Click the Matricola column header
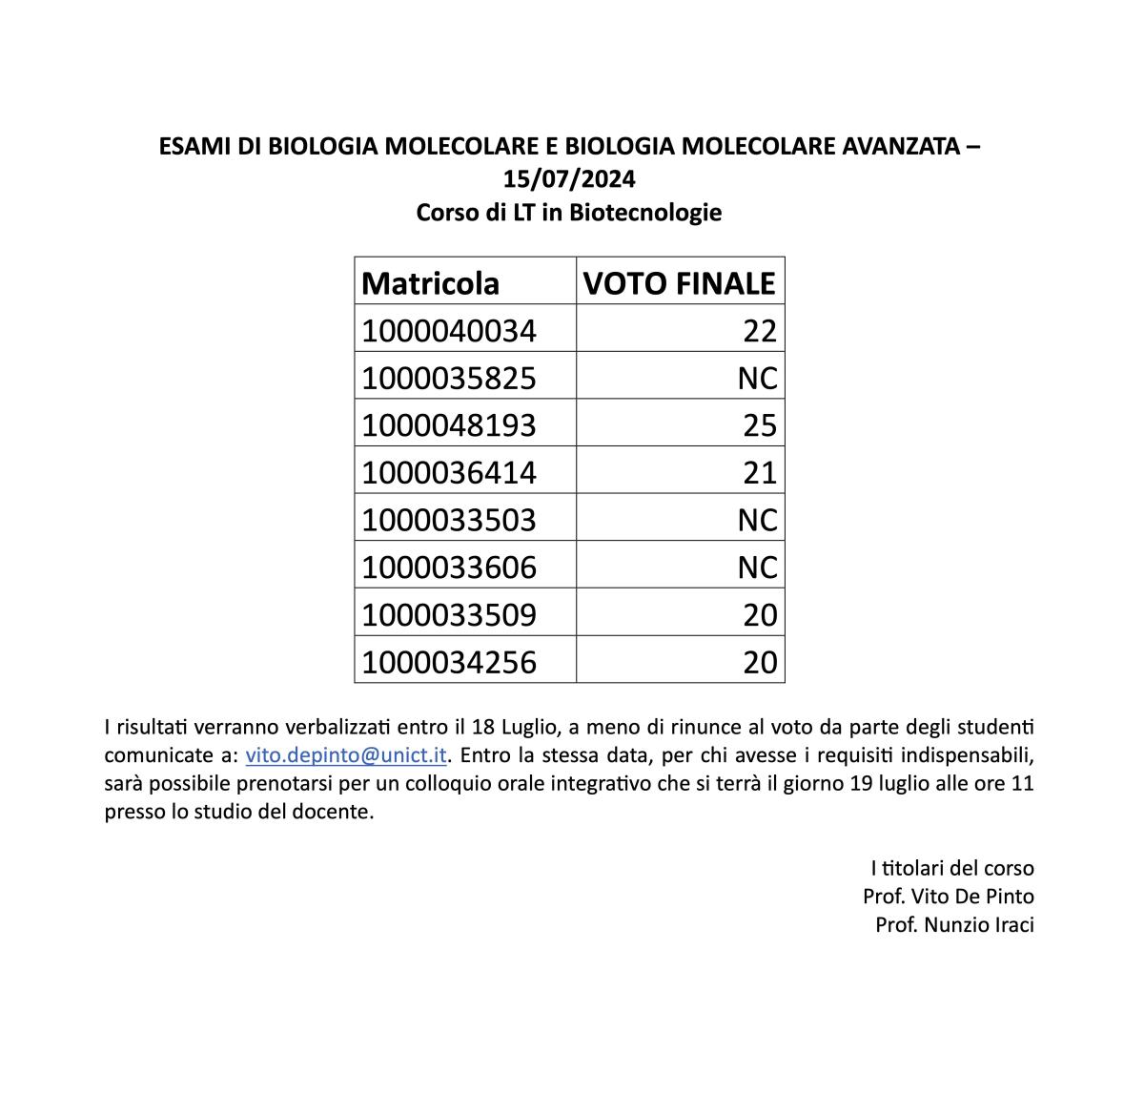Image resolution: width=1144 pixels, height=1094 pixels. tap(430, 283)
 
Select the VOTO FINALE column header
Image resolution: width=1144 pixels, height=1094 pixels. tap(679, 283)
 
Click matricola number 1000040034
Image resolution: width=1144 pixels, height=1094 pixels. tap(449, 331)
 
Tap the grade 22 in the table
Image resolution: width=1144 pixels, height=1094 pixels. tap(760, 331)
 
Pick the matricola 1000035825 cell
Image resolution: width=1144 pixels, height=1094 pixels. tap(449, 379)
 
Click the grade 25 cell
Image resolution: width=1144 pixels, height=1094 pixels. tap(760, 425)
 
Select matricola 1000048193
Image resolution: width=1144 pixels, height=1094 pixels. tap(449, 425)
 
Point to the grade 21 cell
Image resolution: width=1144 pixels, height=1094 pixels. tap(760, 473)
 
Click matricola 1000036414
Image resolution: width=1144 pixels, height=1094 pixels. tap(449, 473)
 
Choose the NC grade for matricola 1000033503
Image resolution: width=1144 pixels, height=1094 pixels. tap(758, 520)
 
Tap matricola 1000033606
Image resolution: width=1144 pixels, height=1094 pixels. tap(449, 568)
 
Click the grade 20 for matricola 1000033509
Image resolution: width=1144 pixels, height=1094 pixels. tap(760, 615)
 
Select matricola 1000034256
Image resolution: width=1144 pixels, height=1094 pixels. tap(449, 662)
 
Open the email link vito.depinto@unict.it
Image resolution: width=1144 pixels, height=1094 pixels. tap(346, 755)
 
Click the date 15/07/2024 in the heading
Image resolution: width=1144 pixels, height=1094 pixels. tap(569, 179)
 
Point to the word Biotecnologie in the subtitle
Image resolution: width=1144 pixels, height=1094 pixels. tap(645, 212)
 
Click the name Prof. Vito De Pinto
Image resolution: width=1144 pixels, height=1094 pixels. tap(948, 897)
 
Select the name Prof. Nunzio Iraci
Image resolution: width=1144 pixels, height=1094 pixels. tap(954, 925)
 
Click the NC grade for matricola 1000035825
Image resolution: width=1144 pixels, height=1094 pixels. tap(758, 379)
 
